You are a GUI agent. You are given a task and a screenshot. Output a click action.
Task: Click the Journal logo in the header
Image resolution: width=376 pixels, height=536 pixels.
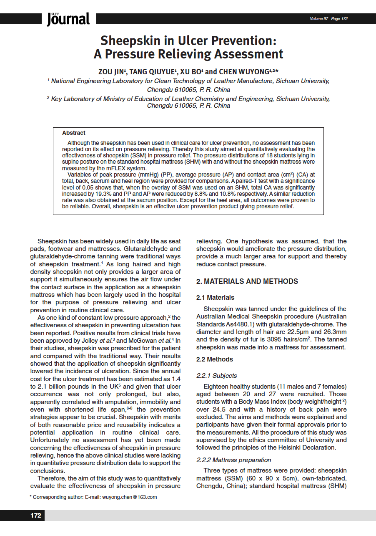tap(68, 19)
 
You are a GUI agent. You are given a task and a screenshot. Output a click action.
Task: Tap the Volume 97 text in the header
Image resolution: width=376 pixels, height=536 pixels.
tap(319, 19)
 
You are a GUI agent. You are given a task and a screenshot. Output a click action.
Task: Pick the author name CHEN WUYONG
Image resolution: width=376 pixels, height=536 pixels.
tap(246, 71)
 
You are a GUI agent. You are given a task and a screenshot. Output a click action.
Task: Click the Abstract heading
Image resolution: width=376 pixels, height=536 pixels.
tap(74, 133)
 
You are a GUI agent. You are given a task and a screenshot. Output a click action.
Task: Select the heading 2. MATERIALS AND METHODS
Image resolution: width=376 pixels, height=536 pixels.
tap(247, 281)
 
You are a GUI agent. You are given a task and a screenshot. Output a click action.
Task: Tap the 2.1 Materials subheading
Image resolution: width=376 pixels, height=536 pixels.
tap(215, 298)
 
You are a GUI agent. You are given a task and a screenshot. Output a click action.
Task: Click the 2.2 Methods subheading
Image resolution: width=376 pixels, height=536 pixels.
tap(215, 359)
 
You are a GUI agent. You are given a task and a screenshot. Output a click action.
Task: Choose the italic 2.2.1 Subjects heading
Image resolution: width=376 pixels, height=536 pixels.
tap(216, 376)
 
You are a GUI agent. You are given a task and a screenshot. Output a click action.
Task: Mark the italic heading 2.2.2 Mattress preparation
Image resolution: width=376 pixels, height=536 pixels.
tap(233, 460)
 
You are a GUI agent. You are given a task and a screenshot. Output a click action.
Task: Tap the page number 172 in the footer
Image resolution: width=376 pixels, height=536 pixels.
tap(36, 516)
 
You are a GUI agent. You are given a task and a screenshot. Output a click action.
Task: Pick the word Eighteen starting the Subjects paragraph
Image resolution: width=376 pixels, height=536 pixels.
tap(217, 387)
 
